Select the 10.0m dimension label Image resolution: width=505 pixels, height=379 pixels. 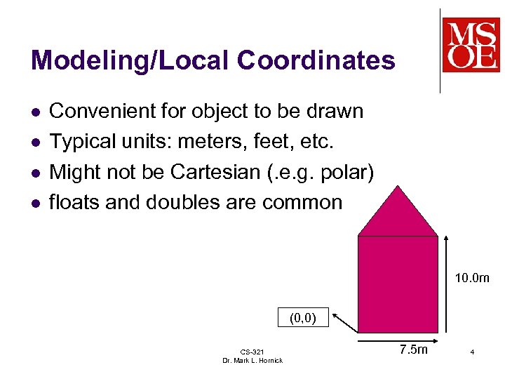[x=471, y=279]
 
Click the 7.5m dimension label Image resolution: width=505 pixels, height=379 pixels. [x=413, y=349]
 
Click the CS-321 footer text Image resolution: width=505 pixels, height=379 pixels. [x=252, y=352]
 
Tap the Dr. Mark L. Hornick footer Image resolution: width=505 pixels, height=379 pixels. [x=252, y=360]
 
